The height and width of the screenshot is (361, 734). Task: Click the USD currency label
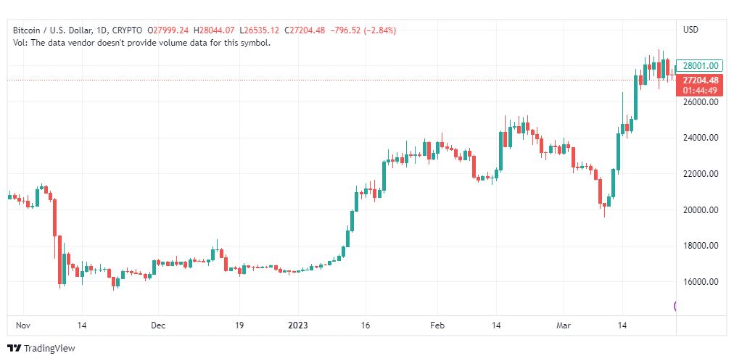[x=690, y=30]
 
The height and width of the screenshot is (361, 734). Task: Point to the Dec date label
[x=159, y=325]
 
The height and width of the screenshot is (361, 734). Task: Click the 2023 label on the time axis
[x=298, y=325]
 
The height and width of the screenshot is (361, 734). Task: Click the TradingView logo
[x=41, y=349]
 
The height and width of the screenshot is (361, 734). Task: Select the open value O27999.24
[x=168, y=30]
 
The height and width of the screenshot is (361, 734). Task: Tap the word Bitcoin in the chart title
[x=28, y=30]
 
